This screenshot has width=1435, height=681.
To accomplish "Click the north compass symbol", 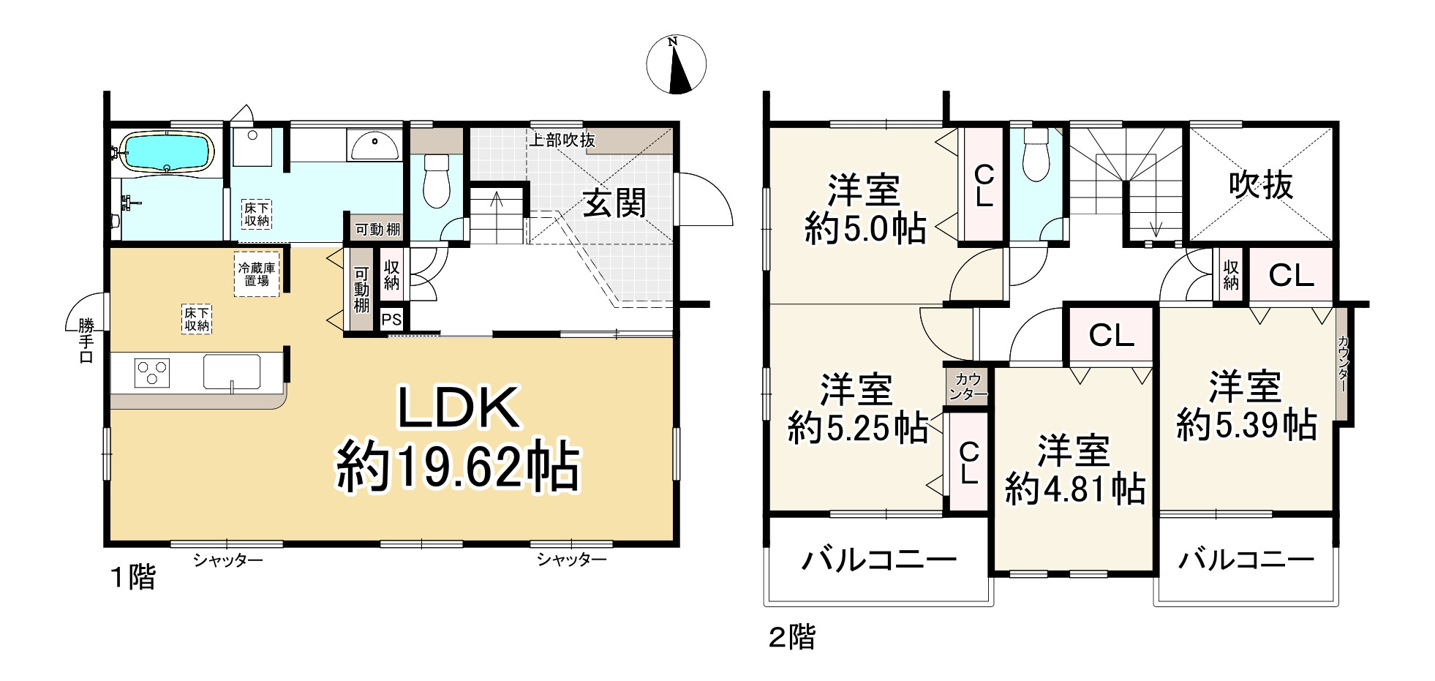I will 676,64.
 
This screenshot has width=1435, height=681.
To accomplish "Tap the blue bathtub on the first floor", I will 167,152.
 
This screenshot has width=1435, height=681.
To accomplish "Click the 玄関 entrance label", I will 614,203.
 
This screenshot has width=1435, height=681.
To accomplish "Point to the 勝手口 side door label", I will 86,340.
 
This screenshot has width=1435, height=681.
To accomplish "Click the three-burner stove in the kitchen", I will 152,372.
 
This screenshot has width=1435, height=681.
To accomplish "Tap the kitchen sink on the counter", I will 232,372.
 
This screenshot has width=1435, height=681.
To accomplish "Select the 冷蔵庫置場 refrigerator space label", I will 257,274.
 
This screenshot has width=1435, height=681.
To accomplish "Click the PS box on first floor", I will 391,320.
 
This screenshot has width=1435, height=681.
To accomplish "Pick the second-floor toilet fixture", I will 1036,156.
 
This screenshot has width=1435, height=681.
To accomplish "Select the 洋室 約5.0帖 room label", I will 865,209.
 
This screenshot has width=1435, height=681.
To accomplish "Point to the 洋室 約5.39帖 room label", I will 1246,406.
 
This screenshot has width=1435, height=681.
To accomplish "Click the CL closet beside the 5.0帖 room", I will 984,185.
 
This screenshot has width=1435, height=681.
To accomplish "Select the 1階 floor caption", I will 133,578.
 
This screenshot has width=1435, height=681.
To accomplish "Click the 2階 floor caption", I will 791,637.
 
